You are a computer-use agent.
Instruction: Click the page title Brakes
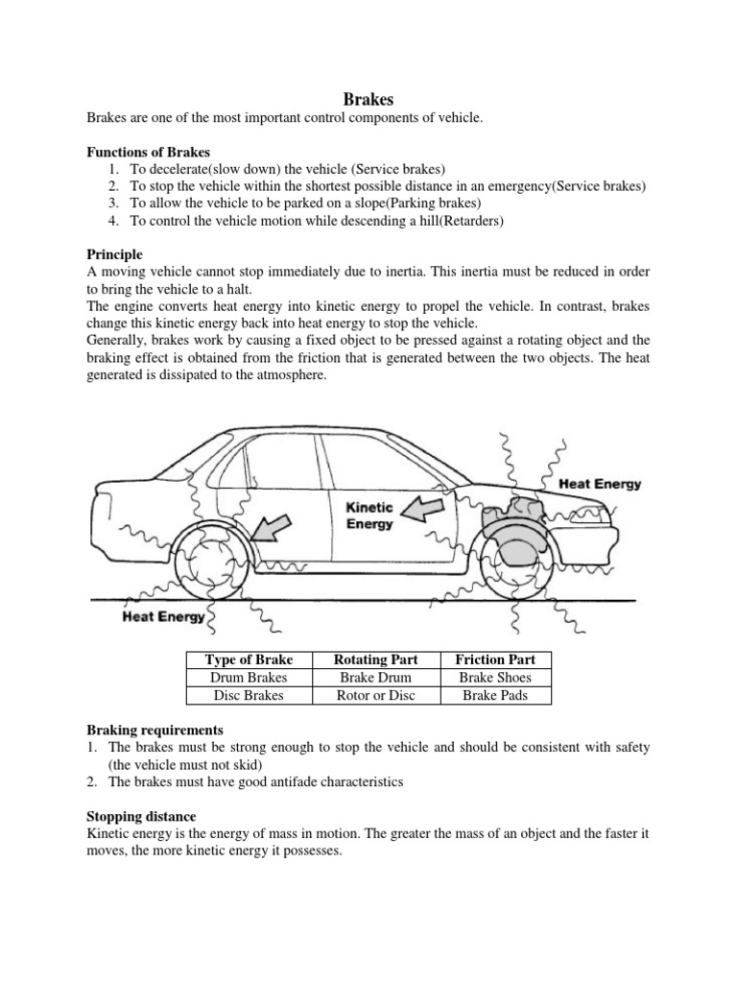pyautogui.click(x=368, y=98)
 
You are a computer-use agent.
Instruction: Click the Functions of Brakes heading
pyautogui.click(x=148, y=152)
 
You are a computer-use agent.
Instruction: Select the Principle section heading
pyautogui.click(x=114, y=254)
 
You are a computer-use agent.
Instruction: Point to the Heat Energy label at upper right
pyautogui.click(x=600, y=485)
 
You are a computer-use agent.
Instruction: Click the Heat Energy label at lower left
pyautogui.click(x=163, y=617)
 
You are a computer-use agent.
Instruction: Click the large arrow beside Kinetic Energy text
pyautogui.click(x=421, y=509)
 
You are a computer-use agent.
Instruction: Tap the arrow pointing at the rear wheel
pyautogui.click(x=276, y=527)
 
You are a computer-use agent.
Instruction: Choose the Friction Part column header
pyautogui.click(x=495, y=659)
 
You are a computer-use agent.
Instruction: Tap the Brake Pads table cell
pyautogui.click(x=495, y=695)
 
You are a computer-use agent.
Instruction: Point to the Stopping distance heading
pyautogui.click(x=144, y=817)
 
